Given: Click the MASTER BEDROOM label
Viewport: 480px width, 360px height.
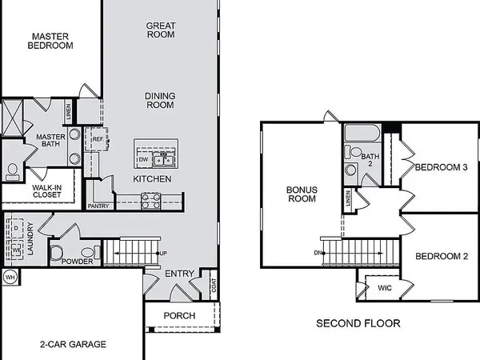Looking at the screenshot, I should coord(51,41).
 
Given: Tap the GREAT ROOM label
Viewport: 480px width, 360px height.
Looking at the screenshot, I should coord(161,30).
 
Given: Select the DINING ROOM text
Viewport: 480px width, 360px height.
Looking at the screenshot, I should coord(160,100).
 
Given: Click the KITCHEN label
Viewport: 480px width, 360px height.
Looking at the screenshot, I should coord(152,178).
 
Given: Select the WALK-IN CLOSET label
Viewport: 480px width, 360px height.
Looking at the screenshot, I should coord(47,190).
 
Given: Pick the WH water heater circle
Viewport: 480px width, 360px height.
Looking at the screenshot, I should coord(10,278).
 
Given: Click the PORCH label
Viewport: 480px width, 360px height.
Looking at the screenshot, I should coord(179,315).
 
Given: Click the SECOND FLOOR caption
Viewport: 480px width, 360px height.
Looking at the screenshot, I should coord(358,324).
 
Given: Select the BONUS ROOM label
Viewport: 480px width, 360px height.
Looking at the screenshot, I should coord(302,194).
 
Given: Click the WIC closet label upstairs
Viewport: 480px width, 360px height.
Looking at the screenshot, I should coord(385,286).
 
